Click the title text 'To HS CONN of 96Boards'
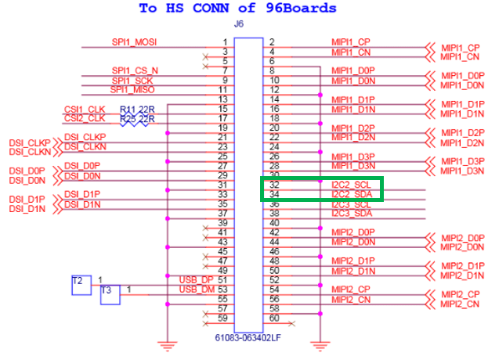tap(238, 9)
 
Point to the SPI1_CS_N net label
tap(135, 70)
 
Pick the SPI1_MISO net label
tap(132, 89)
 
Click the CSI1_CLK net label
tap(84, 109)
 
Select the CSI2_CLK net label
tap(84, 118)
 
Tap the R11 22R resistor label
tap(137, 109)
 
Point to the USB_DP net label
tap(196, 280)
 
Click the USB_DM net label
tap(196, 290)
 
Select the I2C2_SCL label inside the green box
tap(351, 185)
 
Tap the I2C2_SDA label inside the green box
tap(351, 194)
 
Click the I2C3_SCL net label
tap(351, 203)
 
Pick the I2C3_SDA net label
tap(351, 213)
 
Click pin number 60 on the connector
tap(273, 318)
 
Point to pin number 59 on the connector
tap(223, 318)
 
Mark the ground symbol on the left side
tap(166, 344)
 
